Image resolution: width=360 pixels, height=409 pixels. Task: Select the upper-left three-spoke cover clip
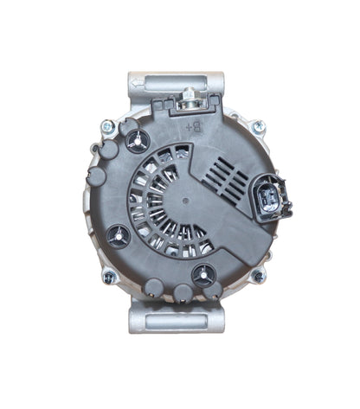[134, 139]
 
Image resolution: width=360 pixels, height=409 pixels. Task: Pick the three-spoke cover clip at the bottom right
[202, 276]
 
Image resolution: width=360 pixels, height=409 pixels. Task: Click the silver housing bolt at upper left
[106, 127]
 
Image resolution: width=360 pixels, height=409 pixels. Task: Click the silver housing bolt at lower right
[257, 277]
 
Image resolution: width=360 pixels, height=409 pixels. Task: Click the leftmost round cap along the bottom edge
[155, 288]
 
